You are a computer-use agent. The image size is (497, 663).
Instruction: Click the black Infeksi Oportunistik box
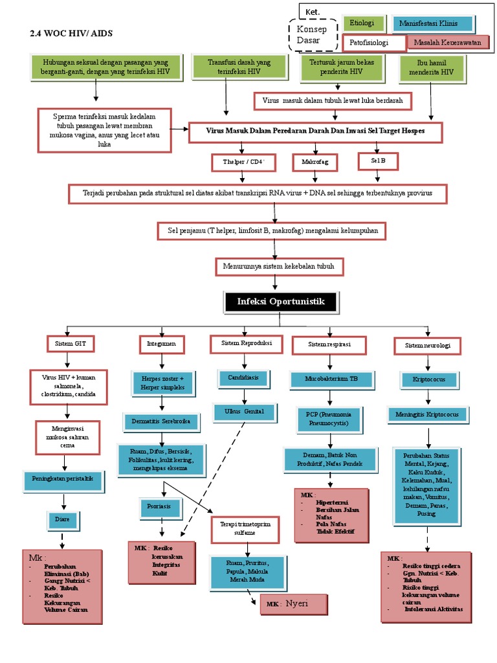pos(281,302)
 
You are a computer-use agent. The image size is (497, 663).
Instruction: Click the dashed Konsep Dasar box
pos(312,35)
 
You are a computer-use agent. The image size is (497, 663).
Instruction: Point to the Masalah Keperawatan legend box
pos(448,43)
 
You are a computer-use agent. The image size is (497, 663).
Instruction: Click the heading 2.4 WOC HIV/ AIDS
pos(76,33)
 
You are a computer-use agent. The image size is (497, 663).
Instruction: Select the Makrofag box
pos(315,162)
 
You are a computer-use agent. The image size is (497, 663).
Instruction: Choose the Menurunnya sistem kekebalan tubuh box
pos(279,266)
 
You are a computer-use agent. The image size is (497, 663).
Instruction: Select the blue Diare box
pos(63,519)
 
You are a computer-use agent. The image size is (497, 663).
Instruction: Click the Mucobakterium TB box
pos(331,379)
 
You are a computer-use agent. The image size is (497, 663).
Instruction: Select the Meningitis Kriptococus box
pos(427,414)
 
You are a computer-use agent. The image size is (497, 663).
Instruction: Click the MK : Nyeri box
pos(293,605)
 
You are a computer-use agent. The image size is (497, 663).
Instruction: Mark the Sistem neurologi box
pos(427,346)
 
